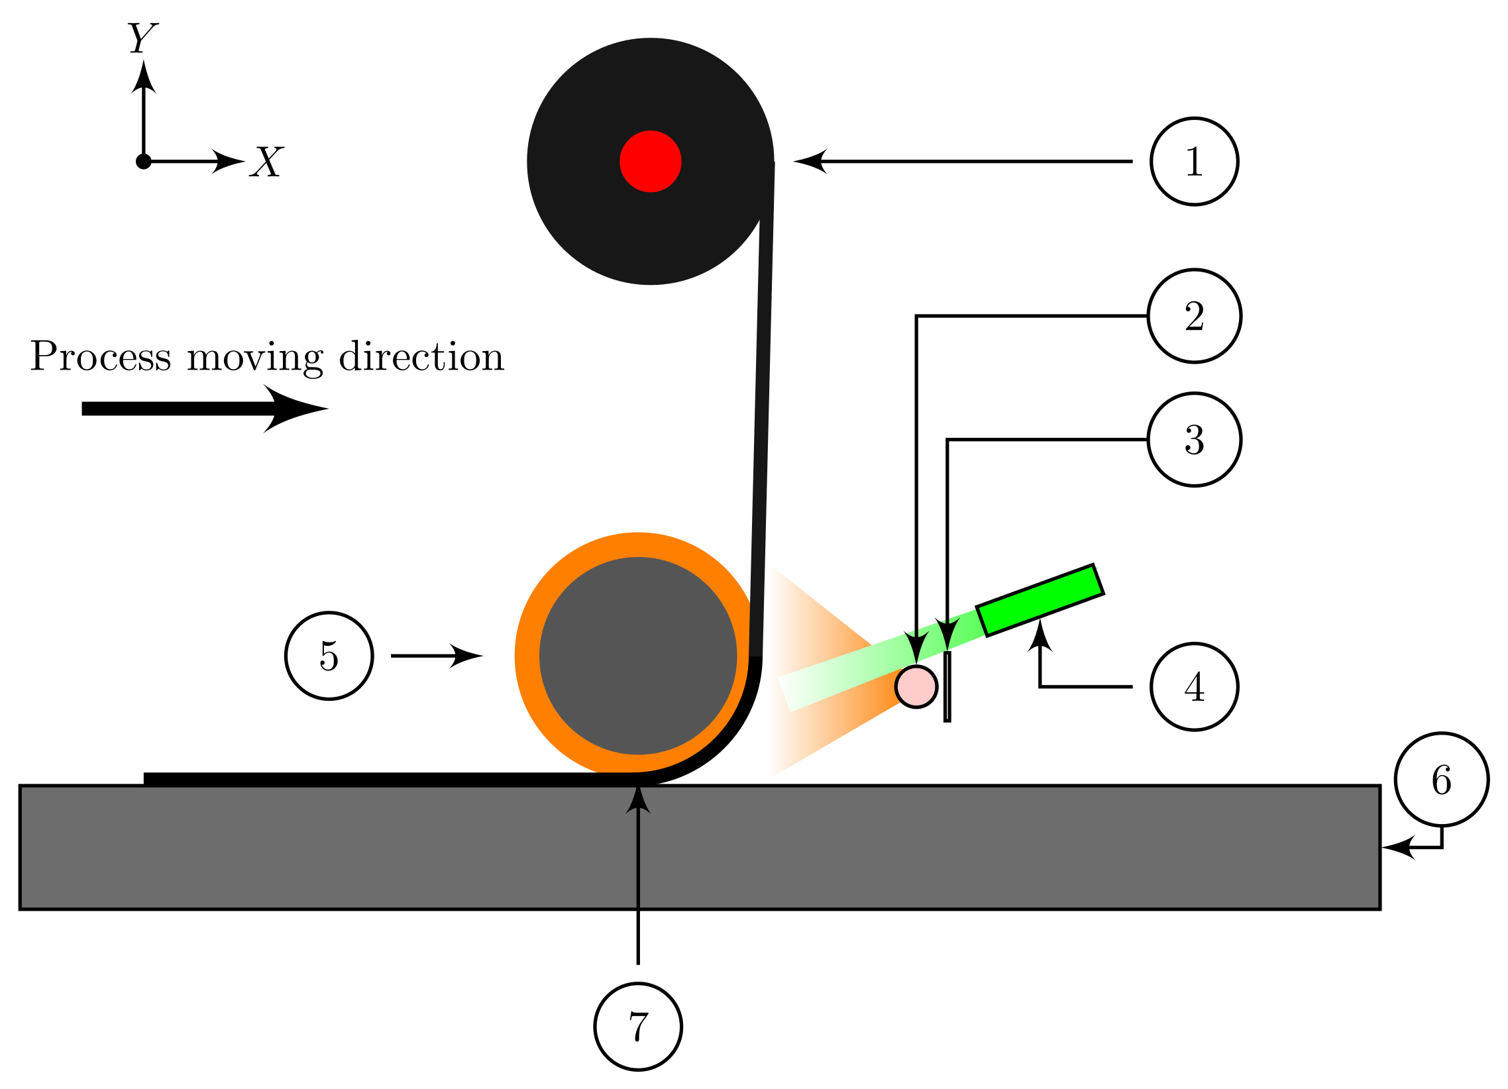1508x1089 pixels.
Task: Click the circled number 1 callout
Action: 1194,162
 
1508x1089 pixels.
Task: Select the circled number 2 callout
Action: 1194,316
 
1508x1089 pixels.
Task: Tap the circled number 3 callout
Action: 1194,439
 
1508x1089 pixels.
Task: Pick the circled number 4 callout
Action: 1194,687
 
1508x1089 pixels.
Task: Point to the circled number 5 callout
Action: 329,656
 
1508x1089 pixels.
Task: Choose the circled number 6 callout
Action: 1442,780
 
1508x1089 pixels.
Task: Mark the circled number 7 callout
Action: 638,1027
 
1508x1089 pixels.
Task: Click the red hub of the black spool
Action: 650,162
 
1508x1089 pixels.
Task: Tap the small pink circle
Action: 916,687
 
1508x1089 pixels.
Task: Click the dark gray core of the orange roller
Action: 638,656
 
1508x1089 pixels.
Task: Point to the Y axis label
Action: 142,38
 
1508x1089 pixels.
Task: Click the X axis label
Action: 266,162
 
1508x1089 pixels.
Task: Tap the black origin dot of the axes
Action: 144,162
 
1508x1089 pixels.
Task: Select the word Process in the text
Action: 101,357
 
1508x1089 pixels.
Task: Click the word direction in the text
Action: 421,357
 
